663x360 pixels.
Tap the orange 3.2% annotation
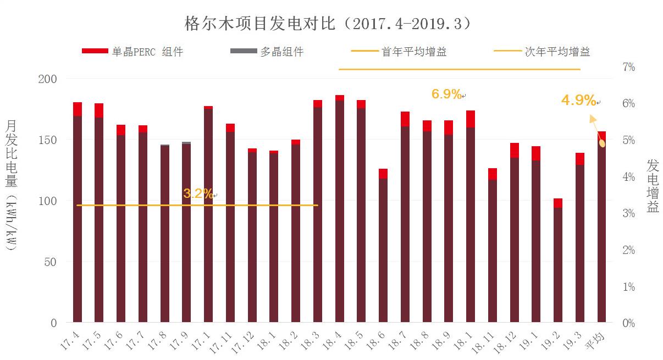coord(198,193)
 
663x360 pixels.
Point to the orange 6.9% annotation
coord(446,94)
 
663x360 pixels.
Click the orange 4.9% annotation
coord(578,101)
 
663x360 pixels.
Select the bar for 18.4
coord(340,209)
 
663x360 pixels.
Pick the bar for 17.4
coord(78,214)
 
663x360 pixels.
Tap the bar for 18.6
coord(383,247)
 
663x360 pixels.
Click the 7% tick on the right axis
coord(628,67)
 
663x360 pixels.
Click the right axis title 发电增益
coord(653,186)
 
